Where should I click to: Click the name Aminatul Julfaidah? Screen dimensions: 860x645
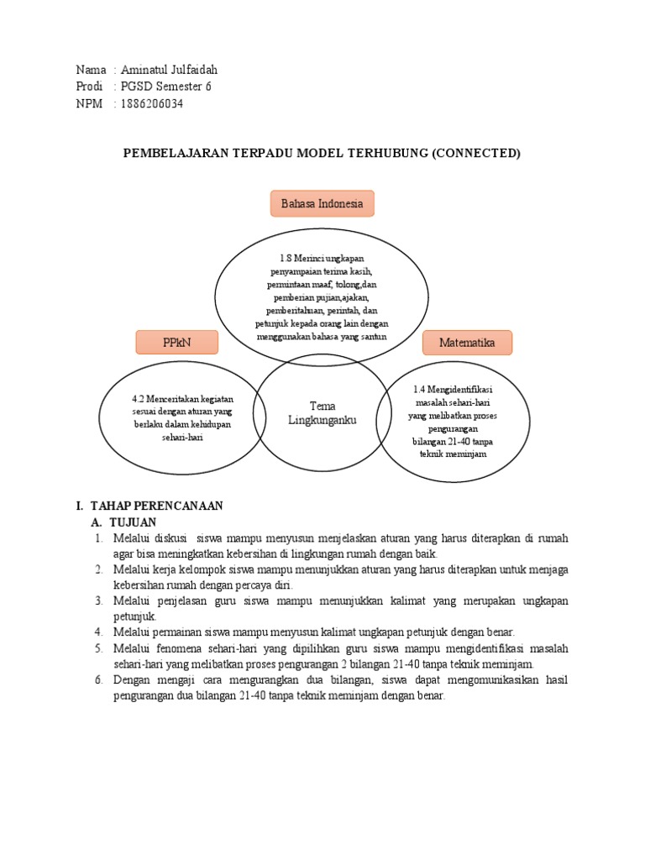coord(168,70)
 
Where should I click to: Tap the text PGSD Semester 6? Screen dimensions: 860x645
coord(165,87)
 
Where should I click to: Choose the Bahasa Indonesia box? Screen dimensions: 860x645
coord(322,203)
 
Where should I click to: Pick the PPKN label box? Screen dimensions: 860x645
coord(177,342)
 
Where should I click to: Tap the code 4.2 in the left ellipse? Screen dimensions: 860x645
coord(139,399)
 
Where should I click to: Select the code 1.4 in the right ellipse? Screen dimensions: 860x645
coord(421,389)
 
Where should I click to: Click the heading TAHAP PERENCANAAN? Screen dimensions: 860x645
coord(155,506)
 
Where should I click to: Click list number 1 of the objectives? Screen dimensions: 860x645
coord(97,537)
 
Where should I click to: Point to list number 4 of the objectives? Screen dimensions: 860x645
coord(97,632)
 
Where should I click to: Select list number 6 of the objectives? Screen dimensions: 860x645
coord(97,679)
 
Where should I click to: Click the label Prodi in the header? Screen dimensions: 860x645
coord(89,87)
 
